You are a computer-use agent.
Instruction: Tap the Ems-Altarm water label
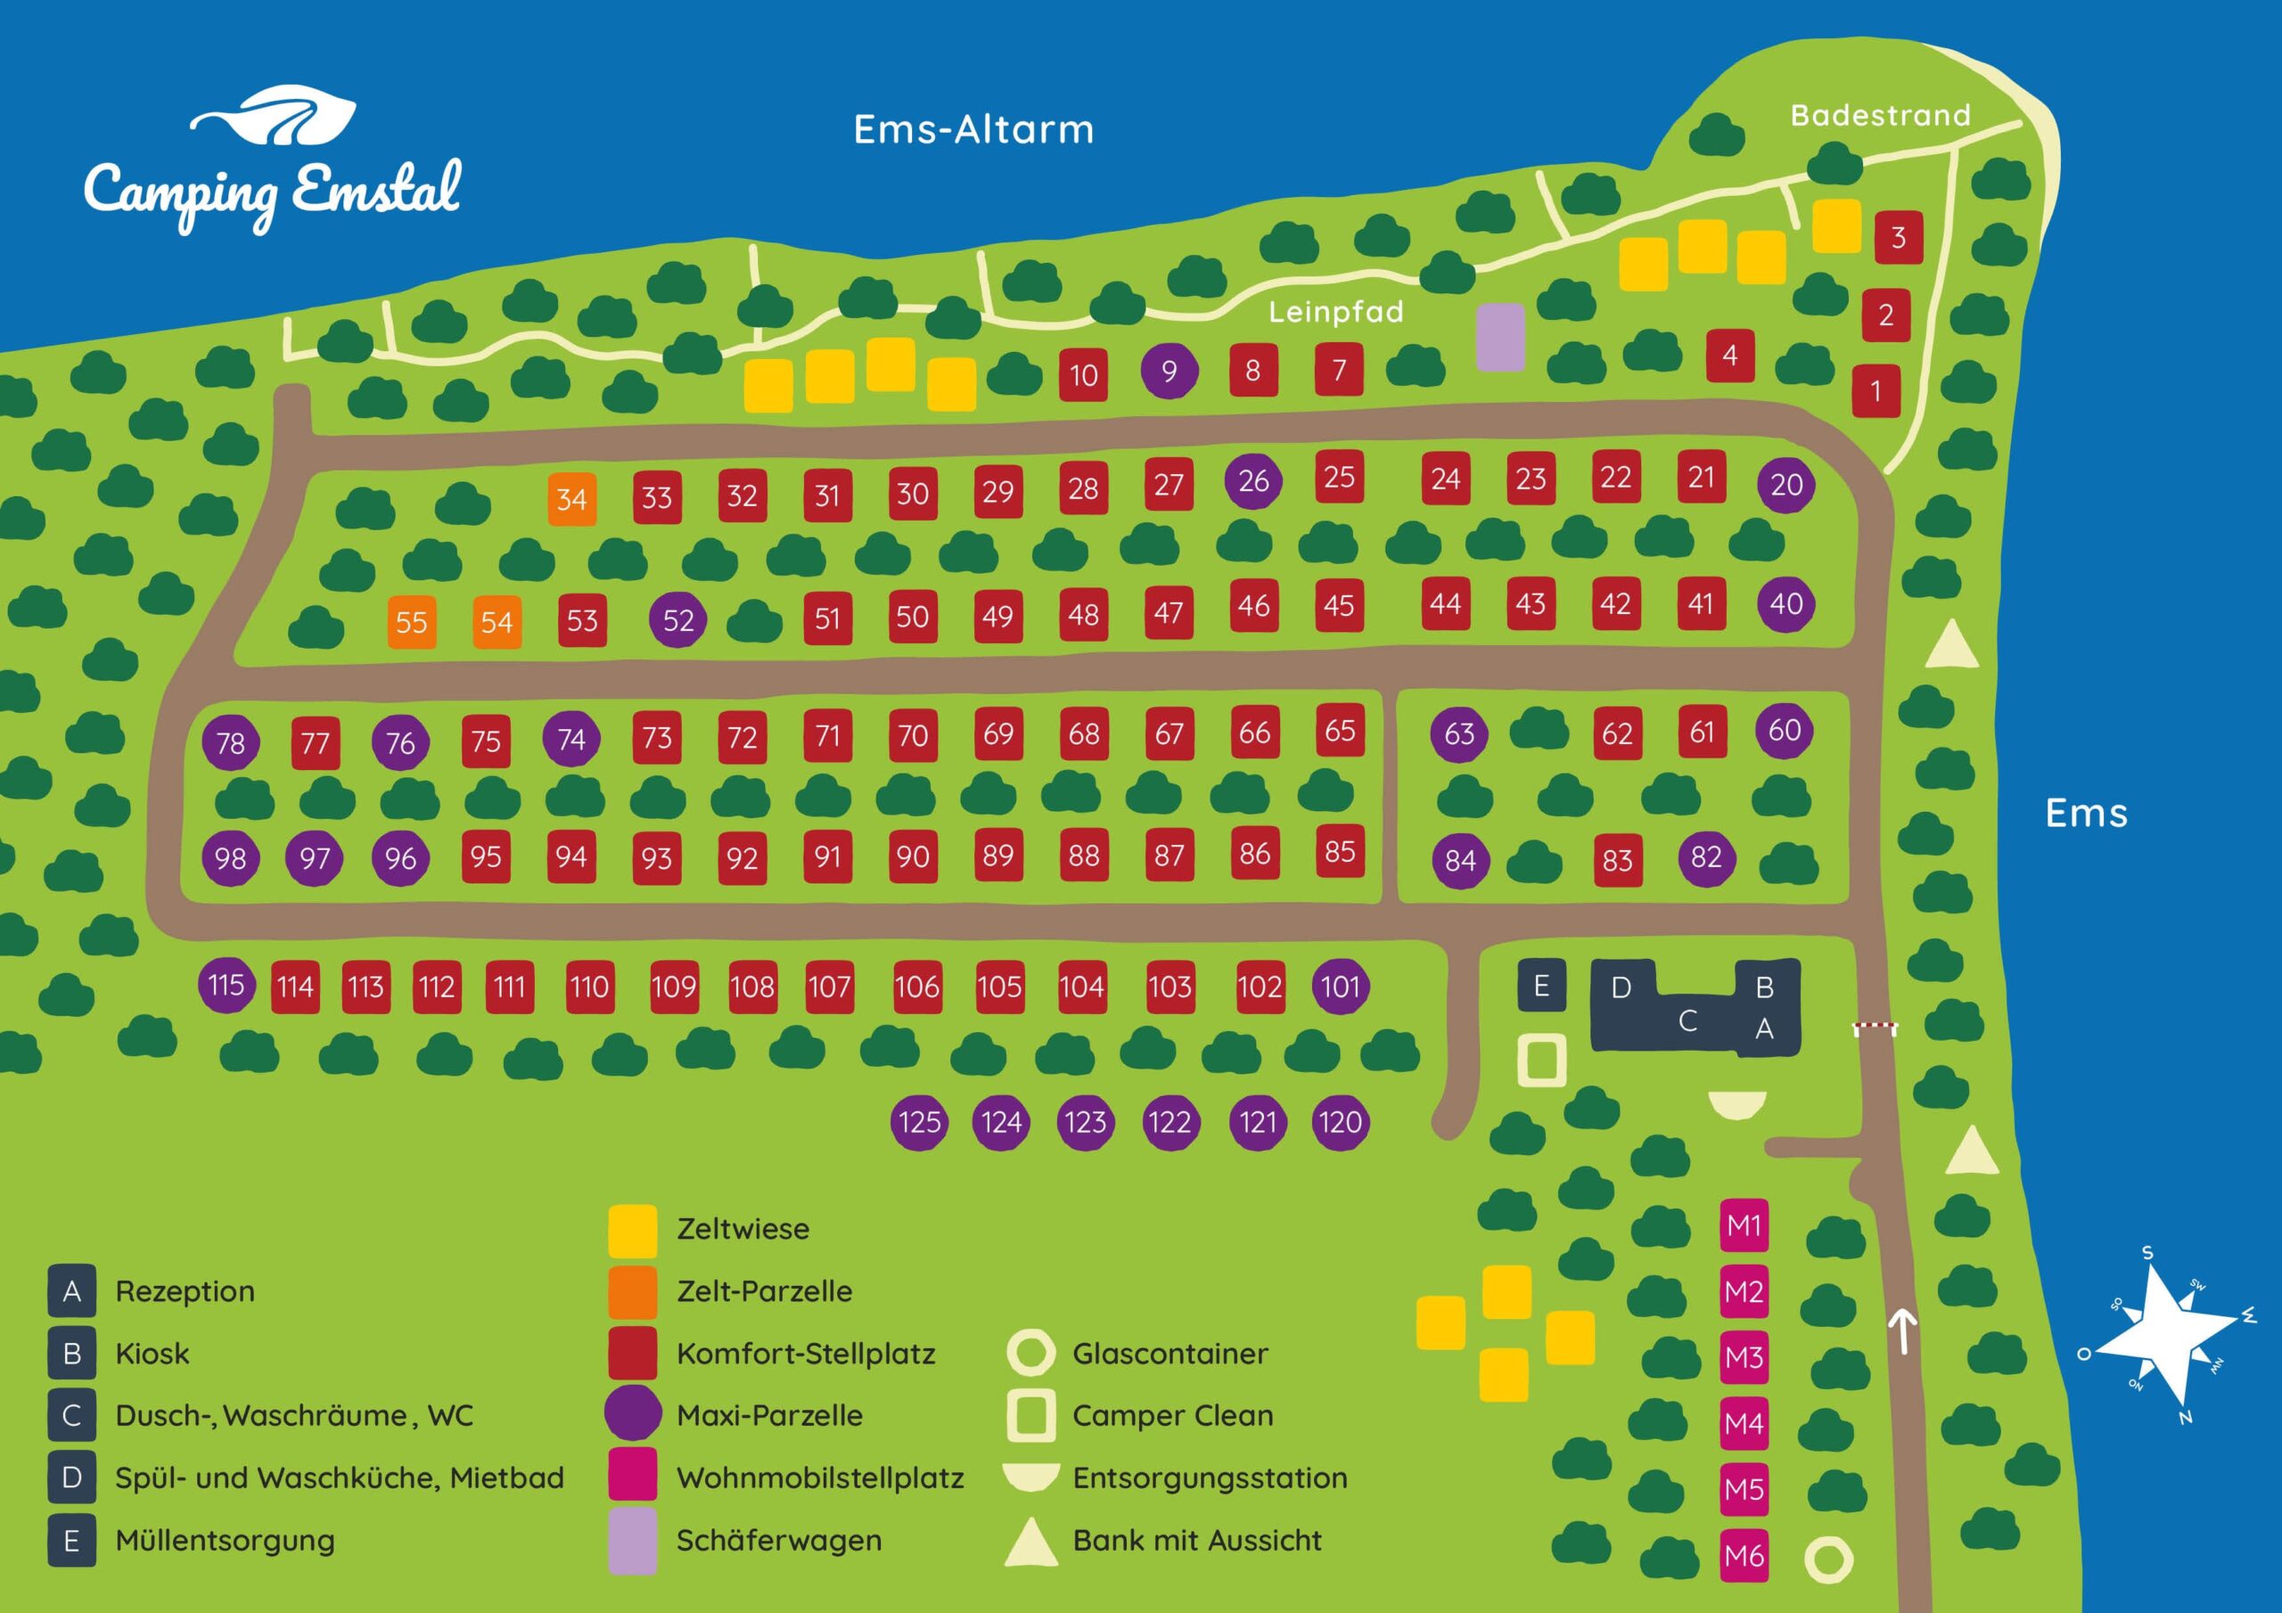[973, 130]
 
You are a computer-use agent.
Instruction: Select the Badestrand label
[1879, 115]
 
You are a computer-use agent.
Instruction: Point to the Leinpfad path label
[1336, 312]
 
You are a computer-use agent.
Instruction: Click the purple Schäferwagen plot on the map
[1500, 338]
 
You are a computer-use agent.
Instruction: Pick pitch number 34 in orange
[571, 499]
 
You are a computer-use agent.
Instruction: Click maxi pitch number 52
[677, 620]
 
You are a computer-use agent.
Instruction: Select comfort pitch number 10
[1083, 374]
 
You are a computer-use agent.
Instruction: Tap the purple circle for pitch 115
[226, 985]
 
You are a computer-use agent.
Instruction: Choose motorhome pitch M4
[1744, 1423]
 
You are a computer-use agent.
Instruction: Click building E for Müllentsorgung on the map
[1541, 986]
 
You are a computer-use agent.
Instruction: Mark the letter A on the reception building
[1764, 1029]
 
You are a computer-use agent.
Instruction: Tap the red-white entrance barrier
[1876, 1028]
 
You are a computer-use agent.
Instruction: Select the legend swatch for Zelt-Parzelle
[633, 1291]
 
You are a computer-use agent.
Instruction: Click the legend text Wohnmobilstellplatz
[820, 1478]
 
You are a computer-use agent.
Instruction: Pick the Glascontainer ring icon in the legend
[1030, 1353]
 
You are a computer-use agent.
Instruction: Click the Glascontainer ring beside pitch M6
[1827, 1560]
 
